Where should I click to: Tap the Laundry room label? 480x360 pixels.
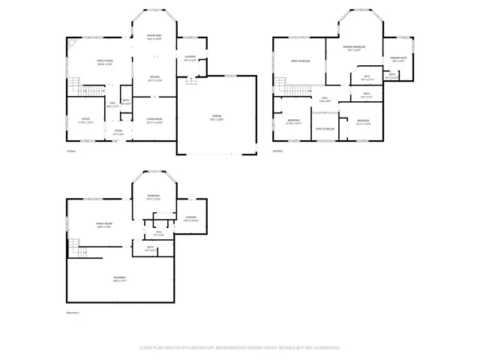[x=190, y=58]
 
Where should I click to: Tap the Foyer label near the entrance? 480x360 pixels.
[x=118, y=130]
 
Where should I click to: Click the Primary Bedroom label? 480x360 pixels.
[x=353, y=47]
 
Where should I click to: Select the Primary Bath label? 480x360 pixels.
[x=397, y=58]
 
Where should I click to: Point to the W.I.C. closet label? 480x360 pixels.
[x=367, y=76]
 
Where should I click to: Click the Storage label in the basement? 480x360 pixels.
[x=191, y=217]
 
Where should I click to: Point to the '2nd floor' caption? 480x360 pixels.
[x=277, y=151]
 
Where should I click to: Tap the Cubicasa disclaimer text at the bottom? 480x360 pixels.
[x=240, y=347]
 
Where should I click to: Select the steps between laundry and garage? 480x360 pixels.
[x=191, y=81]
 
